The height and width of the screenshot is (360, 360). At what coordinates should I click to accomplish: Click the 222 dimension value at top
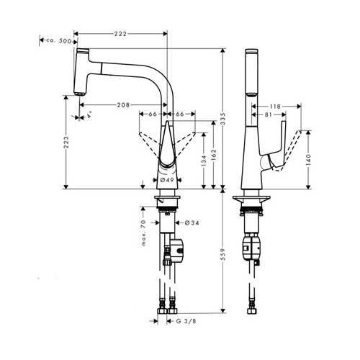tap(120, 34)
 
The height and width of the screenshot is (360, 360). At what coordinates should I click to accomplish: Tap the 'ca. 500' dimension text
tap(59, 41)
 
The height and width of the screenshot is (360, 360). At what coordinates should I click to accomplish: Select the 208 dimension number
tap(123, 105)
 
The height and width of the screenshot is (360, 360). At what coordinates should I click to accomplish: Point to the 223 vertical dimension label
tap(66, 143)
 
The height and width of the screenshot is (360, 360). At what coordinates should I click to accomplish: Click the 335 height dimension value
tap(223, 118)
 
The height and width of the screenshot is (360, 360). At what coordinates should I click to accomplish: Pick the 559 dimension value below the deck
tap(223, 255)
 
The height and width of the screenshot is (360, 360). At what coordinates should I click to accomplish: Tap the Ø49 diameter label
tap(167, 180)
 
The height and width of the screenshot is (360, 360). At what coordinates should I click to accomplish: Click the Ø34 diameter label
tap(192, 223)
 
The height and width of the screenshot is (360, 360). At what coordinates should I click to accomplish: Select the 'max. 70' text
tap(143, 233)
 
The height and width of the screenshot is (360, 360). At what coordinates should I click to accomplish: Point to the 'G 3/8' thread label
tap(186, 321)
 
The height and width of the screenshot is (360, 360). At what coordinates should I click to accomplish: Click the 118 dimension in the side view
tap(275, 107)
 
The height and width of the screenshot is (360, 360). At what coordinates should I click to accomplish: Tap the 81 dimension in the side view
tap(268, 114)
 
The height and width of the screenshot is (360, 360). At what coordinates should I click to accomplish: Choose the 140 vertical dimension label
tap(308, 160)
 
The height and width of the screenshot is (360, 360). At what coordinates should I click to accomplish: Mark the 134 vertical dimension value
tap(204, 161)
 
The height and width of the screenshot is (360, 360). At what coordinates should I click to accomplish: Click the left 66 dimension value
tap(153, 114)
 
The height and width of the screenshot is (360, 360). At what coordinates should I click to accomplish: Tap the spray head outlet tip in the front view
tap(79, 94)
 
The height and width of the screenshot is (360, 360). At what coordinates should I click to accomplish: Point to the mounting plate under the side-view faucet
tap(251, 200)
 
